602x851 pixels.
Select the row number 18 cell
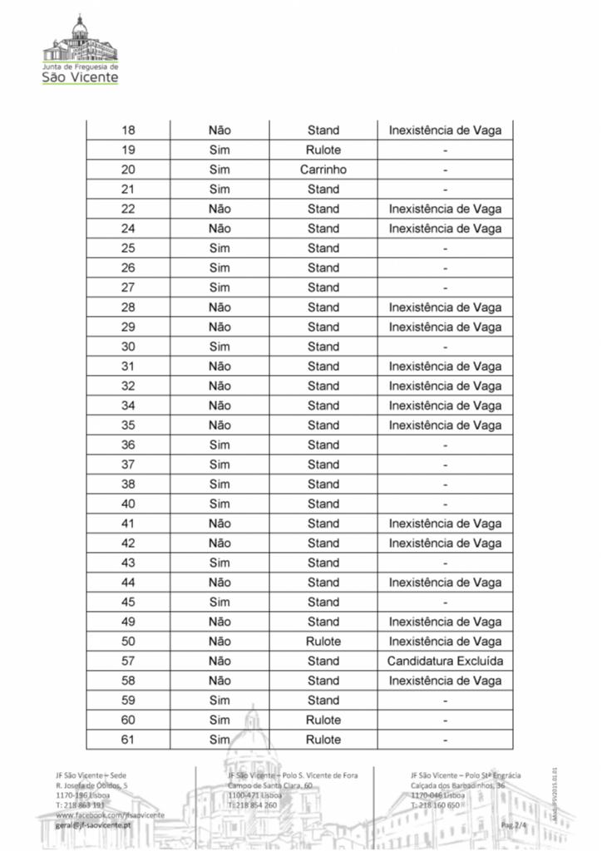click(128, 130)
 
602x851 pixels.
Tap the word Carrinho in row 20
click(323, 170)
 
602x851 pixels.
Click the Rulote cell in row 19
click(323, 150)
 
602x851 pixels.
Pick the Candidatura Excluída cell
click(445, 662)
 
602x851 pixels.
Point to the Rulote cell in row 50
click(323, 642)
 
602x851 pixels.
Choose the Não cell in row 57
click(220, 662)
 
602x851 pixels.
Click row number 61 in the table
click(128, 740)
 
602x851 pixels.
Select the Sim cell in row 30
click(220, 347)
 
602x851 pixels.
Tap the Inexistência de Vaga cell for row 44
click(445, 583)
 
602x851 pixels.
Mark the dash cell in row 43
click(445, 563)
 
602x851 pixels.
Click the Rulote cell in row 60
click(323, 720)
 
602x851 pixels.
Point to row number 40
click(128, 504)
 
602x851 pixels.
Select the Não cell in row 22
click(220, 209)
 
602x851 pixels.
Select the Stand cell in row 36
click(323, 445)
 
